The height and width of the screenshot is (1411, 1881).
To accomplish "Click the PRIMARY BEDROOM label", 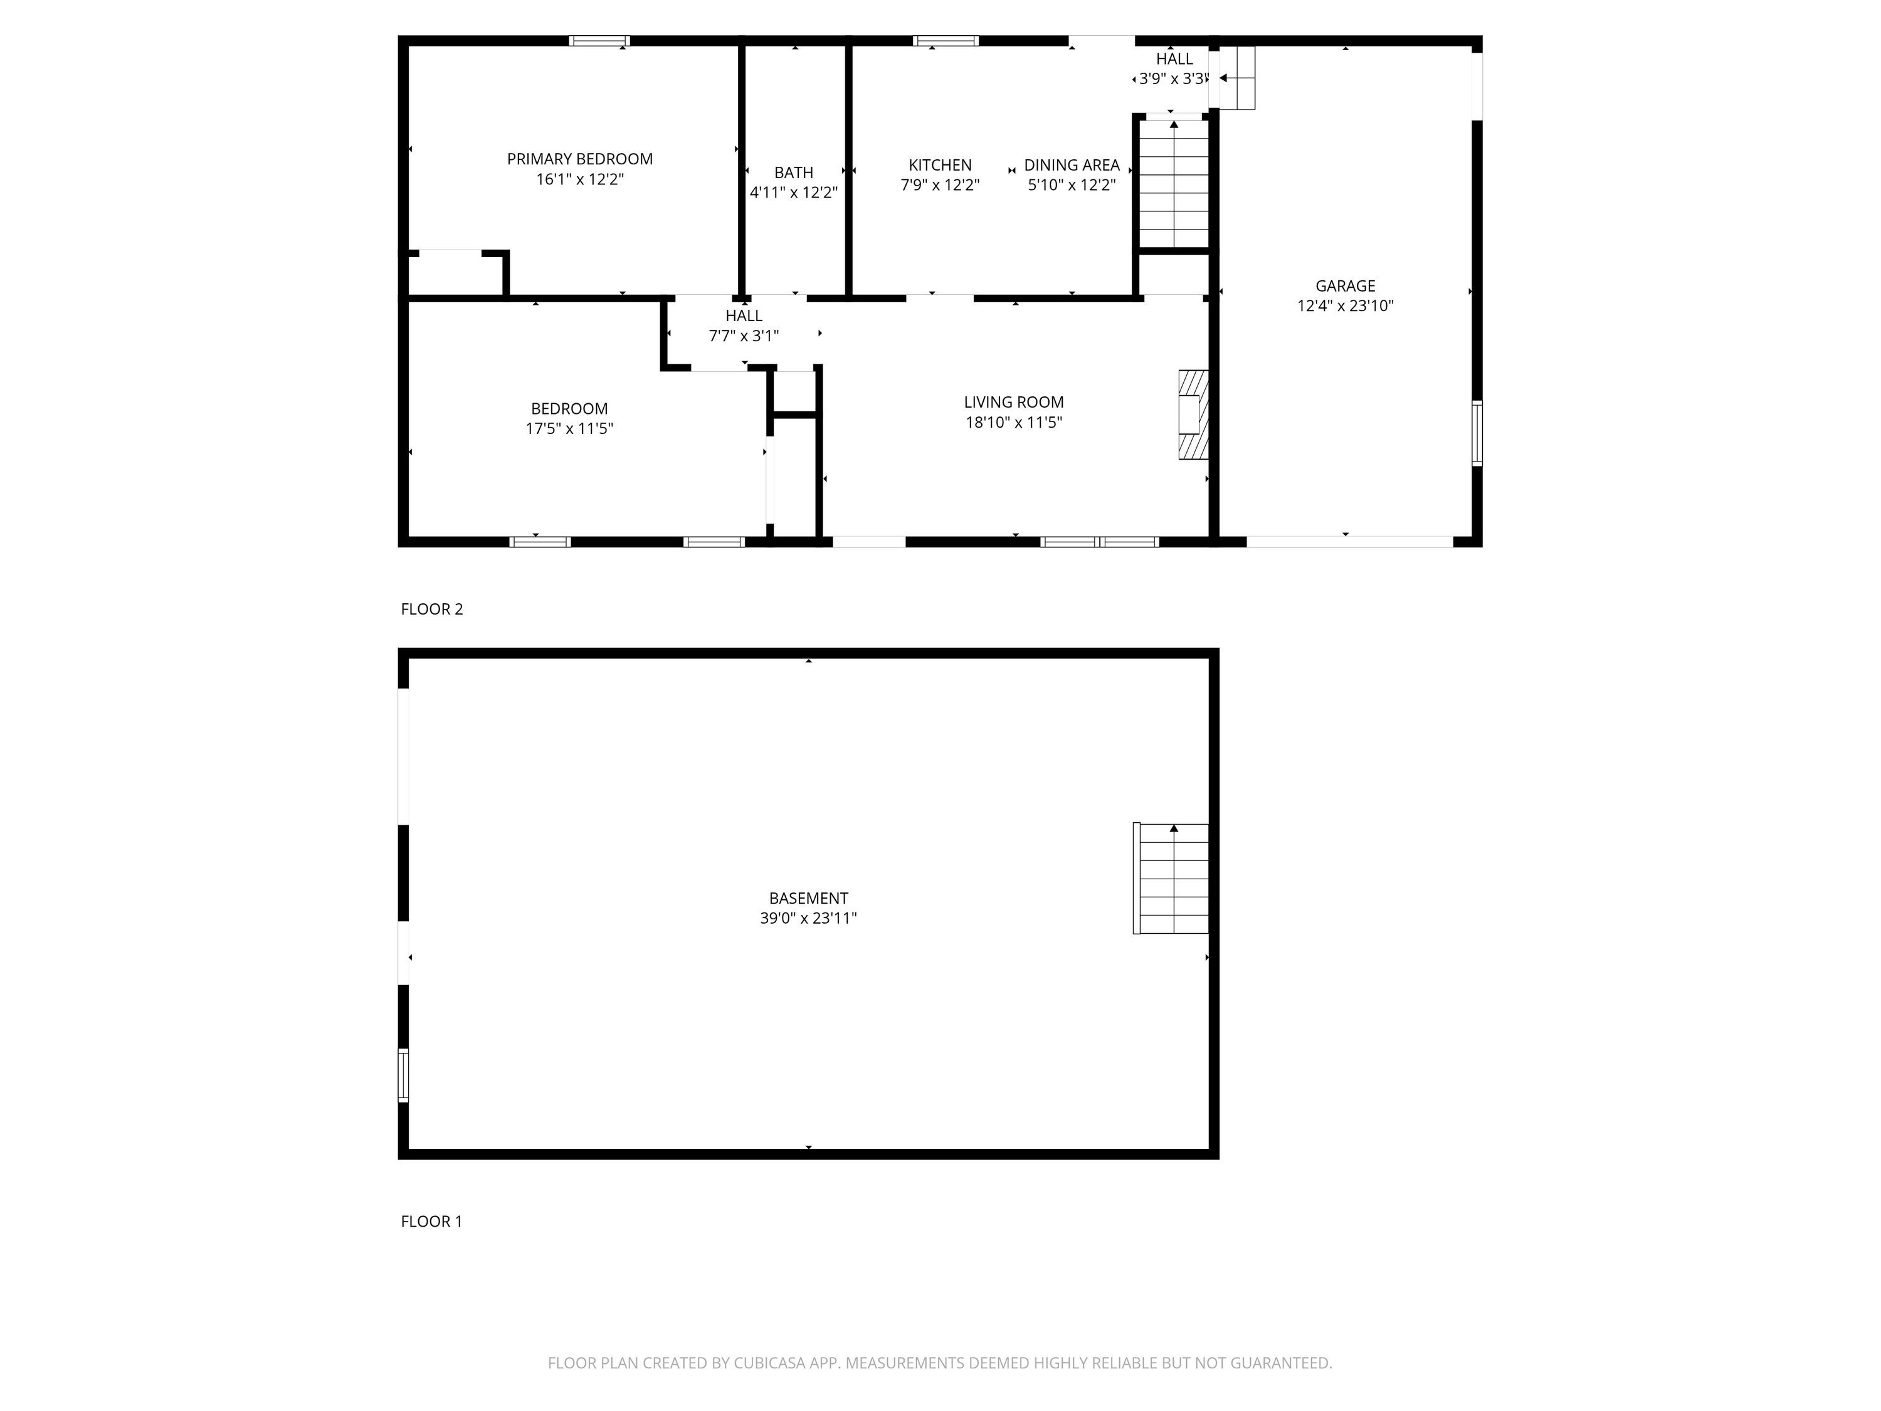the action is click(x=579, y=159).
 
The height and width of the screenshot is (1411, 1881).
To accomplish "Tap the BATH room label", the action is click(x=793, y=172).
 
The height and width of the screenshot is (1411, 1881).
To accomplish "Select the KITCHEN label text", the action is click(x=940, y=165).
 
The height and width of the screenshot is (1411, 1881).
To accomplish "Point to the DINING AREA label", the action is click(x=1072, y=165).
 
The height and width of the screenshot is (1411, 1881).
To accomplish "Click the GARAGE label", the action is click(x=1346, y=286).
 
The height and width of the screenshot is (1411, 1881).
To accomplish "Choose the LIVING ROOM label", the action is click(x=1014, y=403).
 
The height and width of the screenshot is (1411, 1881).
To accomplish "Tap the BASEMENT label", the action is click(x=809, y=898).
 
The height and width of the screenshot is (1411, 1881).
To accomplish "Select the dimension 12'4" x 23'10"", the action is click(x=1346, y=306).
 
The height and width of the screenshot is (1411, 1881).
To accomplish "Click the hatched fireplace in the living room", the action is click(x=1193, y=414).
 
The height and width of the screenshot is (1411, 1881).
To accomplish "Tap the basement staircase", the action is click(x=1171, y=879).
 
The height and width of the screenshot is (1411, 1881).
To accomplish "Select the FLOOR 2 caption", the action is click(x=432, y=609).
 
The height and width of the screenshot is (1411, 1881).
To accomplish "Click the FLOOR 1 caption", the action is click(x=432, y=1222).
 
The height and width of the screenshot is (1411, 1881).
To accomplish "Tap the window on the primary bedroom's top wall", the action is click(x=599, y=41).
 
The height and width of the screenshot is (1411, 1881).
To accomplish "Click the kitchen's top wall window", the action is click(x=946, y=41).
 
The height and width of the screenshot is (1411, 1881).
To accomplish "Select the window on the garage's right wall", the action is click(x=1477, y=434).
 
